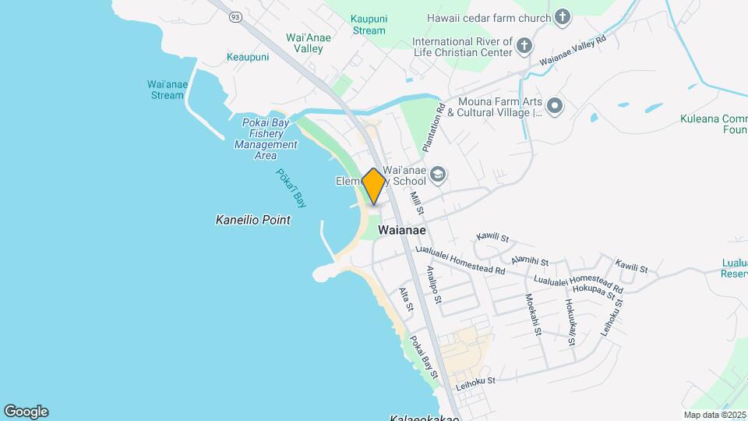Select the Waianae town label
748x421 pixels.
click(x=401, y=231)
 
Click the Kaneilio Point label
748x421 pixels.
click(x=252, y=221)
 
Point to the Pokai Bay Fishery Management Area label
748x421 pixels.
click(x=266, y=139)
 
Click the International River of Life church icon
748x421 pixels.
click(x=524, y=46)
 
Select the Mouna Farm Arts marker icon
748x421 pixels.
click(x=554, y=106)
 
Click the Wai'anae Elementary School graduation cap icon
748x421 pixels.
click(x=437, y=174)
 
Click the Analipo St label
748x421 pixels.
click(x=433, y=284)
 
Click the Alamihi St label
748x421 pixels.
click(x=530, y=260)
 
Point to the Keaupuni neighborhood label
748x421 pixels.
click(x=248, y=57)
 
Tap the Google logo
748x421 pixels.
click(x=26, y=411)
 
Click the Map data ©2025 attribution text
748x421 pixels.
click(x=713, y=415)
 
